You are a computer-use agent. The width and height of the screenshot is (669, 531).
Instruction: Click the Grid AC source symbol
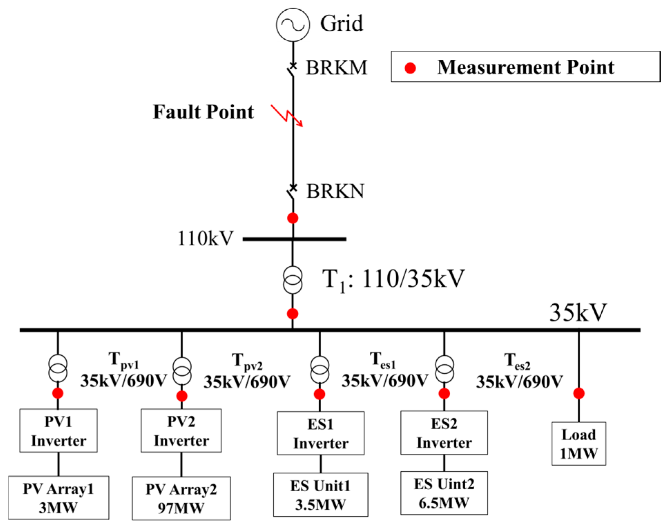[292, 25]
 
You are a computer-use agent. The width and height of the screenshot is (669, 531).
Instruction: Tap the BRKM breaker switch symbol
[292, 69]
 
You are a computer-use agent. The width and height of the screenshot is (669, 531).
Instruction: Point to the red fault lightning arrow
[287, 115]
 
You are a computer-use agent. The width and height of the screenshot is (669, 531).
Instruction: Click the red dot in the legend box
[410, 68]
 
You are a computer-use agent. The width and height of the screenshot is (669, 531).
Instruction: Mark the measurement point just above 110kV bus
[293, 218]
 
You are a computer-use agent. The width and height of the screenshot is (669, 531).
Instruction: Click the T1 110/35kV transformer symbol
[293, 280]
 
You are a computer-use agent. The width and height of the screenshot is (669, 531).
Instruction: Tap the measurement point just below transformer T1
[293, 314]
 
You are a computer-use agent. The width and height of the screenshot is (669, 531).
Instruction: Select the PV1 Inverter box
[58, 431]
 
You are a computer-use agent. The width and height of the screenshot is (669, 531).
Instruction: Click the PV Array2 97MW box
[181, 498]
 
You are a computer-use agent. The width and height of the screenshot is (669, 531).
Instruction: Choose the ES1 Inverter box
[320, 433]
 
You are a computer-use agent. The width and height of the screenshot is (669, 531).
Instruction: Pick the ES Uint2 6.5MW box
[444, 493]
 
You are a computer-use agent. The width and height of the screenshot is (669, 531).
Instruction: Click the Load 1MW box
[579, 444]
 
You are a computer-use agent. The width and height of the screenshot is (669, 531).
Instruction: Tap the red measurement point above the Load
[579, 393]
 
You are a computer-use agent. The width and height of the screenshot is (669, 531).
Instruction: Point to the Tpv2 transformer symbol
[182, 371]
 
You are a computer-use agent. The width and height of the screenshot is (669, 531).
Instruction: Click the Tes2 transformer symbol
[444, 370]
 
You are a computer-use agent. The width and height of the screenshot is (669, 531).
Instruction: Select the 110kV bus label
[205, 238]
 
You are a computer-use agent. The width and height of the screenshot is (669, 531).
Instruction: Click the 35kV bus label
[578, 313]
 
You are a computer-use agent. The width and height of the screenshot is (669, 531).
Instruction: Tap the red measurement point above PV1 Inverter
[58, 393]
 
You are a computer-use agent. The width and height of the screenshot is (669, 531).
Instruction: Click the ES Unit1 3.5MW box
[320, 495]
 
